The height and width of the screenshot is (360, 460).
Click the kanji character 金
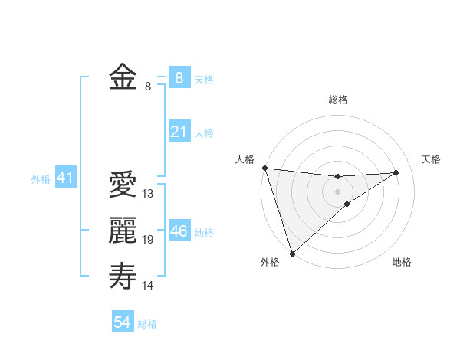pyautogui.click(x=123, y=77)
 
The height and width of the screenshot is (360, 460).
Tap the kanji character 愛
pyautogui.click(x=123, y=185)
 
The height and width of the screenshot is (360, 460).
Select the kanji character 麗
pyautogui.click(x=123, y=231)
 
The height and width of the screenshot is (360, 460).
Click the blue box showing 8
pyautogui.click(x=179, y=77)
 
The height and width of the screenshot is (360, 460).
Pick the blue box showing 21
pyautogui.click(x=179, y=132)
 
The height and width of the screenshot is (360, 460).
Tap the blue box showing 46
pyautogui.click(x=179, y=231)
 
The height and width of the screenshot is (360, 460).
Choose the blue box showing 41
pyautogui.click(x=65, y=178)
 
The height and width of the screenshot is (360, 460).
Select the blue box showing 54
pyautogui.click(x=123, y=322)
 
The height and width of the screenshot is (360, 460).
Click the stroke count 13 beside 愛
pyautogui.click(x=148, y=194)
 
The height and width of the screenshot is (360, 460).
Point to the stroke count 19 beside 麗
pyautogui.click(x=148, y=240)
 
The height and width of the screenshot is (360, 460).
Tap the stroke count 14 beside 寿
pyautogui.click(x=148, y=286)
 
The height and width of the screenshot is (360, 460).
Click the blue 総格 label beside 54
pyautogui.click(x=148, y=324)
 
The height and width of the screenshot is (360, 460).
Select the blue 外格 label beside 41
pyautogui.click(x=41, y=179)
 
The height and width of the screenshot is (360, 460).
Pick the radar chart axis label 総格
pyautogui.click(x=338, y=100)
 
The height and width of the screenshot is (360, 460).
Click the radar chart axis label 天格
pyautogui.click(x=431, y=159)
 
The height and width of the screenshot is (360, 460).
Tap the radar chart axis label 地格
pyautogui.click(x=402, y=262)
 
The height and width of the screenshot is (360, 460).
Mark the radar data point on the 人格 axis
pyautogui.click(x=264, y=168)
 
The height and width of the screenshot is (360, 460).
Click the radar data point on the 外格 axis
pyautogui.click(x=292, y=252)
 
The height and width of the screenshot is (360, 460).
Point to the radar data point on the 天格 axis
pyautogui.click(x=396, y=172)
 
